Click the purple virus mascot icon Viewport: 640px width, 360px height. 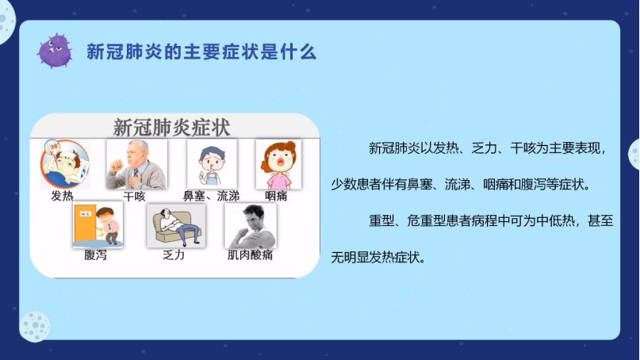[x=55, y=51]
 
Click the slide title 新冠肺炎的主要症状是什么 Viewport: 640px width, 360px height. [x=201, y=52]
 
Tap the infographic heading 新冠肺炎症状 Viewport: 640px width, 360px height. [x=171, y=128]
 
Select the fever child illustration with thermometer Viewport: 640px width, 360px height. [x=65, y=164]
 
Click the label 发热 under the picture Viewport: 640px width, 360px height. [x=62, y=196]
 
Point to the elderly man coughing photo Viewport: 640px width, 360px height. [x=136, y=164]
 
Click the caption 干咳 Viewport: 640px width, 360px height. [x=134, y=197]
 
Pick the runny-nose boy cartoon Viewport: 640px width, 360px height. [x=212, y=163]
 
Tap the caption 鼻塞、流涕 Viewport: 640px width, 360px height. [x=211, y=196]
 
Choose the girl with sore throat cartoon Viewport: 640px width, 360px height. [x=279, y=164]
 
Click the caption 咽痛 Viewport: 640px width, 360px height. [x=276, y=196]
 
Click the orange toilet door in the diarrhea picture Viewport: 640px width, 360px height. [x=85, y=224]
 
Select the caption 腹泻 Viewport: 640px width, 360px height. [x=95, y=255]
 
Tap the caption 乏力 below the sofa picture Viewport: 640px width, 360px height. [x=174, y=255]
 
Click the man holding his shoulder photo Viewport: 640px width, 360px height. [x=251, y=226]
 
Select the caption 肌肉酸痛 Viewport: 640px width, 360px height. [x=250, y=255]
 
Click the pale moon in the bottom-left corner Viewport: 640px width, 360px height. [x=35, y=326]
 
